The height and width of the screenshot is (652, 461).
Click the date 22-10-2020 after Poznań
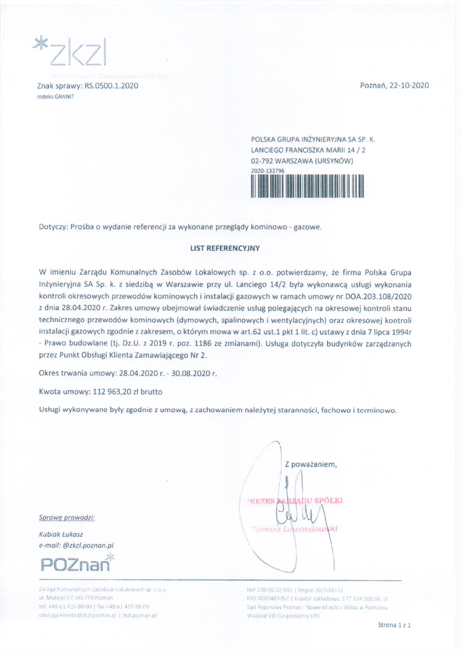click(x=408, y=85)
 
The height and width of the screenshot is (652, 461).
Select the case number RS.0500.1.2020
click(x=111, y=86)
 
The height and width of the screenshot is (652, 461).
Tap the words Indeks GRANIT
click(x=55, y=97)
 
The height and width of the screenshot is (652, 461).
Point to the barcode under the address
click(x=307, y=186)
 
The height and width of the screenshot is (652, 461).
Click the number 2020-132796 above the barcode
click(x=267, y=171)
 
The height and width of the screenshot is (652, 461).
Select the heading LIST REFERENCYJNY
click(x=225, y=248)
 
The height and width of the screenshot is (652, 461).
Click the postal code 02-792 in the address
click(x=261, y=161)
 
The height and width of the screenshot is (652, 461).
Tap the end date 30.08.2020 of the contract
click(x=194, y=373)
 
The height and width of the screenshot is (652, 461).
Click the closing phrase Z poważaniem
click(x=311, y=464)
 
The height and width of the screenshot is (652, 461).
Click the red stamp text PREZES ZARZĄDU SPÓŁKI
click(x=295, y=501)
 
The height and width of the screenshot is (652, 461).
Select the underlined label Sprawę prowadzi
click(x=67, y=517)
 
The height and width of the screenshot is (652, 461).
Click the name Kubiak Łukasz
click(x=61, y=534)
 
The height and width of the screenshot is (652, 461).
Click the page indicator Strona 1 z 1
click(x=394, y=625)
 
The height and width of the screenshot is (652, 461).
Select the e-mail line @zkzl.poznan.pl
click(x=76, y=545)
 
